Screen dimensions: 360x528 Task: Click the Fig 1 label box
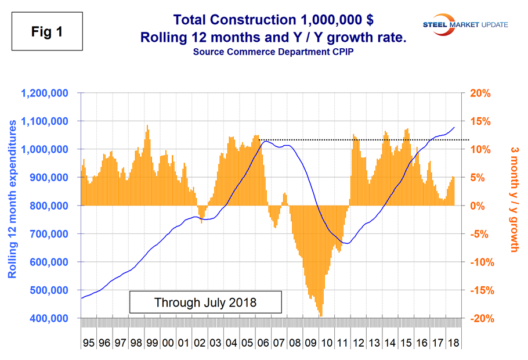pyautogui.click(x=46, y=33)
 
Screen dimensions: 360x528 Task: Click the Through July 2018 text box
pyautogui.click(x=205, y=302)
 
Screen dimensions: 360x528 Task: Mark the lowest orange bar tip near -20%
pyautogui.click(x=321, y=315)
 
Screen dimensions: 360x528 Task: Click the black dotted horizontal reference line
pyautogui.click(x=366, y=140)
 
